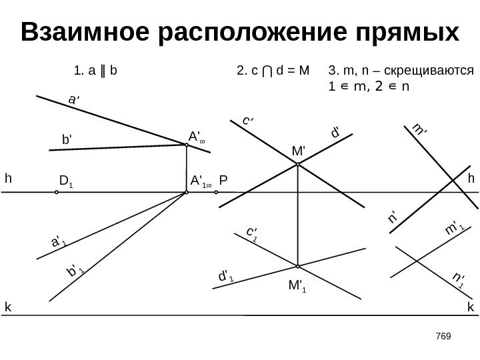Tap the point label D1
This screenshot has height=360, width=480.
66,180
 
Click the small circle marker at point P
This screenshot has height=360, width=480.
217,192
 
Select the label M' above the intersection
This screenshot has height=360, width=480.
297,151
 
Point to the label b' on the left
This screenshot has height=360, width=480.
67,141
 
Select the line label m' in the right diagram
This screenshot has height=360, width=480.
418,129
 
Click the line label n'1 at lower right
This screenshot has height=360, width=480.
457,280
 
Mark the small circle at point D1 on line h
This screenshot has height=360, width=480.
57,192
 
